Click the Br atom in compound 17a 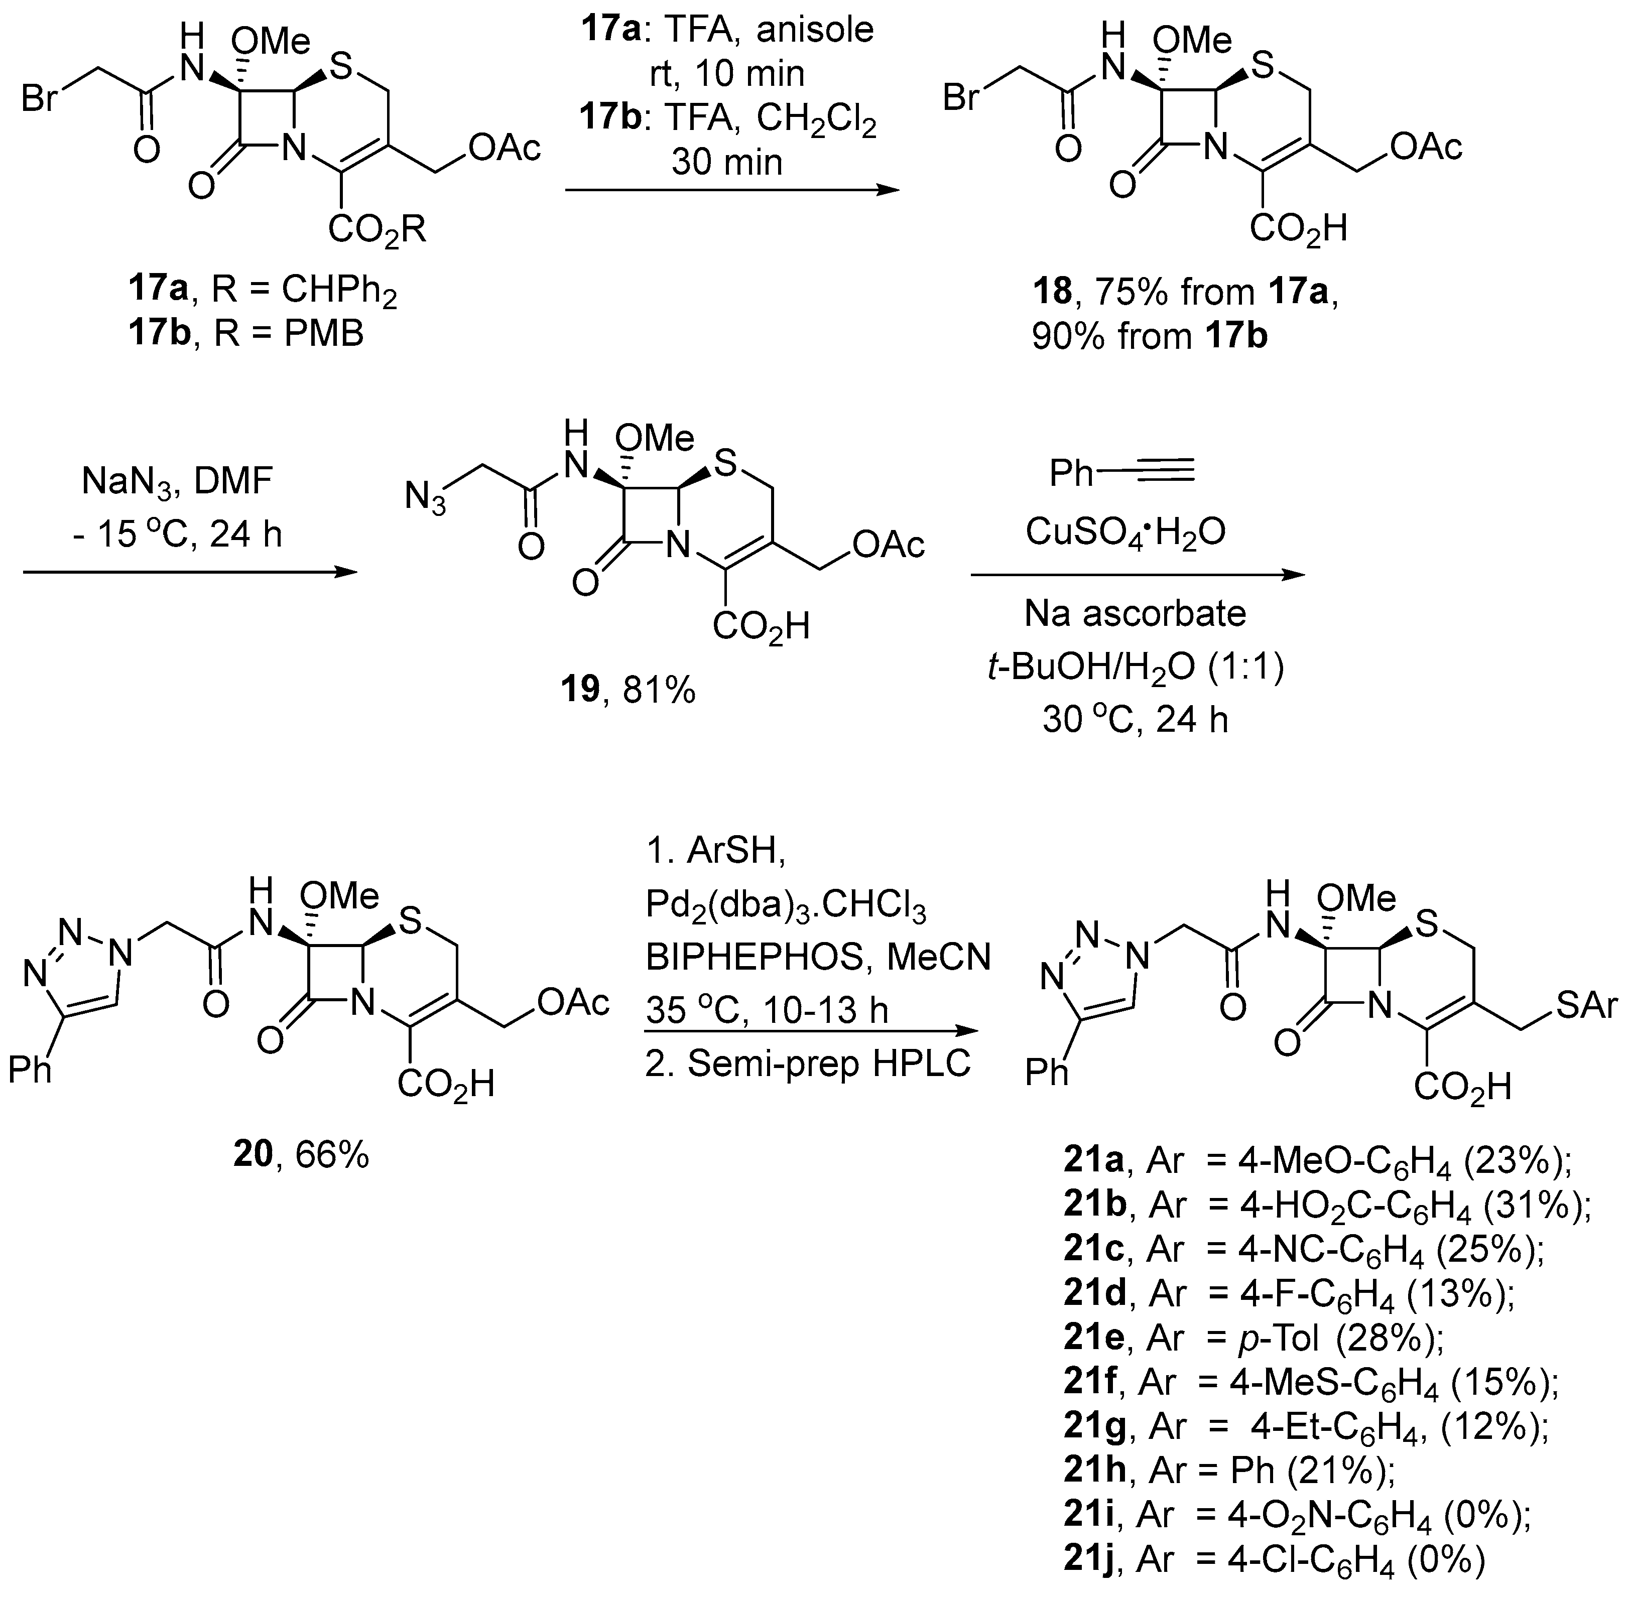40,99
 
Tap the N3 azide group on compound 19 424,496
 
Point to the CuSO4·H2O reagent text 1125,531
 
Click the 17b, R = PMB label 246,333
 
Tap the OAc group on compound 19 888,545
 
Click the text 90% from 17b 1149,336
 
